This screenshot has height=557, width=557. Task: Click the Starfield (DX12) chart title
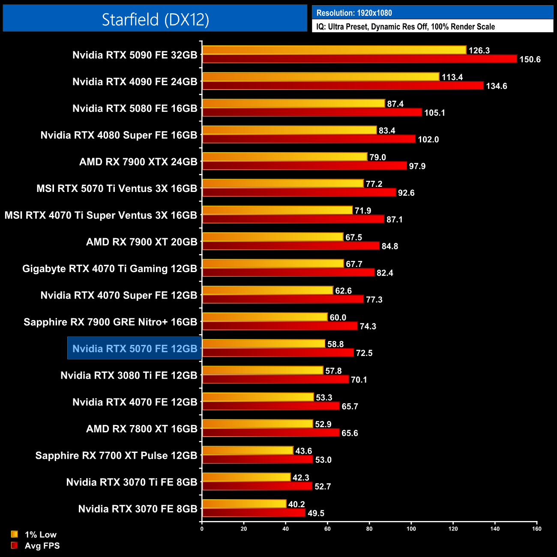coord(155,19)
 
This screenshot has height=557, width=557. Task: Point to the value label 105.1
coord(434,113)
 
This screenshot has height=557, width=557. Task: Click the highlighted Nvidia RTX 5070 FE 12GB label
coord(135,349)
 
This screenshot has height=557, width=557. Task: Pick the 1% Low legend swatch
coord(15,534)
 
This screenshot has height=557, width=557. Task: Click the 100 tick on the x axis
coord(411,529)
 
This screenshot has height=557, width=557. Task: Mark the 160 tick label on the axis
coord(536,529)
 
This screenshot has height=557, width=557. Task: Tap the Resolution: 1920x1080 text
coord(354,13)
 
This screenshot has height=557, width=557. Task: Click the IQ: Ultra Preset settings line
coord(405,27)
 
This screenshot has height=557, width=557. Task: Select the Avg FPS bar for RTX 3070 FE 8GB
coord(254,513)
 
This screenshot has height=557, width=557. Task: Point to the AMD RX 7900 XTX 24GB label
coord(138,162)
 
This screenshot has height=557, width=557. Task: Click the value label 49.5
coord(316,513)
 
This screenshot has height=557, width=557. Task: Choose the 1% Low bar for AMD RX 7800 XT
coord(258,424)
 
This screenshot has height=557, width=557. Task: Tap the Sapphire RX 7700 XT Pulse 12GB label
coord(116,455)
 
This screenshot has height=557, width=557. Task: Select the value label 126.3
coord(479,51)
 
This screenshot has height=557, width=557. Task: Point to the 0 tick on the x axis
coord(202,529)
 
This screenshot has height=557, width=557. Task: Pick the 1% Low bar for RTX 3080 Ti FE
coord(263,371)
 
